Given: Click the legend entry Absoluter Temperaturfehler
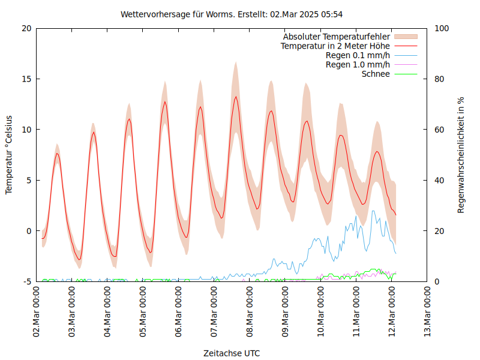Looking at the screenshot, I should (337, 37).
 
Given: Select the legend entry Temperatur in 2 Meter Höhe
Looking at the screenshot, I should (335, 46).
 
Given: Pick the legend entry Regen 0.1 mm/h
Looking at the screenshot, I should (358, 55).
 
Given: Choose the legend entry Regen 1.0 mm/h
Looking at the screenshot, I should (358, 65).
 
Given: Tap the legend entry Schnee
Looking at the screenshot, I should (376, 74).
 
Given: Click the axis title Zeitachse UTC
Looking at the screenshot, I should (232, 353).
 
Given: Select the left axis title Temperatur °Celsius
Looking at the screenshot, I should (9, 155).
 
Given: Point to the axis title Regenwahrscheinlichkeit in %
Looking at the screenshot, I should (461, 155).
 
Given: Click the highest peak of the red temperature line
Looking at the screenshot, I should (236, 97).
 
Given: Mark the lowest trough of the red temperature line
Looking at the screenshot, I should (79, 260).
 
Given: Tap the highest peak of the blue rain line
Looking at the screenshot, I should (373, 211).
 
